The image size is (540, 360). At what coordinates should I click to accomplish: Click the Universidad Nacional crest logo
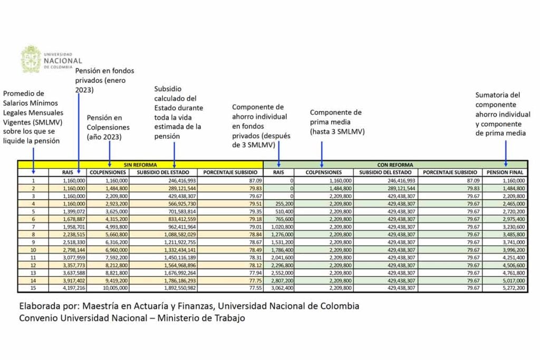click(30, 59)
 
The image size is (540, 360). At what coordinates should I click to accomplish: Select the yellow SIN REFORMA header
click(139, 164)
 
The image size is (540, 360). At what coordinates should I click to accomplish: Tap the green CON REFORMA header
click(395, 164)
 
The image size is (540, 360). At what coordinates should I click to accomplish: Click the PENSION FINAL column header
click(505, 172)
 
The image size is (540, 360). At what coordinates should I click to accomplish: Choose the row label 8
click(33, 234)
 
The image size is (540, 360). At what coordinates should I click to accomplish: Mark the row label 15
click(33, 288)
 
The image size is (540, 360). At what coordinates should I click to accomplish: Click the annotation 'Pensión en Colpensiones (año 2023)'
click(108, 127)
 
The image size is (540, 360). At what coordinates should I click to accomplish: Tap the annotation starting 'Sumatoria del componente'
click(503, 114)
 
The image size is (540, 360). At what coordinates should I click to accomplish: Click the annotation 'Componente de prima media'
click(336, 121)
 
